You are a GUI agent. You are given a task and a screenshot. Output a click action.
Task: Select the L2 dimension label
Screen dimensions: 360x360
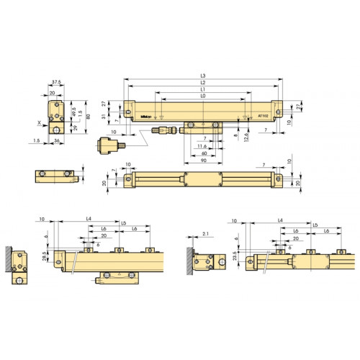[204, 84]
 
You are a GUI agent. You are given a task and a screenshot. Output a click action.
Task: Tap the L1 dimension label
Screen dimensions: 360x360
[204, 90]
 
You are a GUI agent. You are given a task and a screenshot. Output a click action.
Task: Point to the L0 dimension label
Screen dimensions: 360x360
[204, 96]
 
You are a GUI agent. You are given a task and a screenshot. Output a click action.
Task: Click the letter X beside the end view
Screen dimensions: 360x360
[38, 123]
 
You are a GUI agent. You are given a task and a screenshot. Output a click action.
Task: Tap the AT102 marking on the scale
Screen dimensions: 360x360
[264, 115]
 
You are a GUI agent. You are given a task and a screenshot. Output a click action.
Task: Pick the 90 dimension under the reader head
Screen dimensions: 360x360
[204, 160]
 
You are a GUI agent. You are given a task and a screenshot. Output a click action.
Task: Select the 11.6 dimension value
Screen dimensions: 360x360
[204, 145]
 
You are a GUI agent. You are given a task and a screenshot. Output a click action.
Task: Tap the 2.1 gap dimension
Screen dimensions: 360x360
[205, 235]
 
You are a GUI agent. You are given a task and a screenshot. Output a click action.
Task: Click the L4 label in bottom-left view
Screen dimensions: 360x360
[88, 218]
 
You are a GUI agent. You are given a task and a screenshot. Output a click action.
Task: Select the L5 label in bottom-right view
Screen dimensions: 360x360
[315, 224]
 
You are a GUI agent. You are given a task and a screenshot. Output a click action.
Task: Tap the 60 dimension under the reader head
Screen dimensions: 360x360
[204, 153]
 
